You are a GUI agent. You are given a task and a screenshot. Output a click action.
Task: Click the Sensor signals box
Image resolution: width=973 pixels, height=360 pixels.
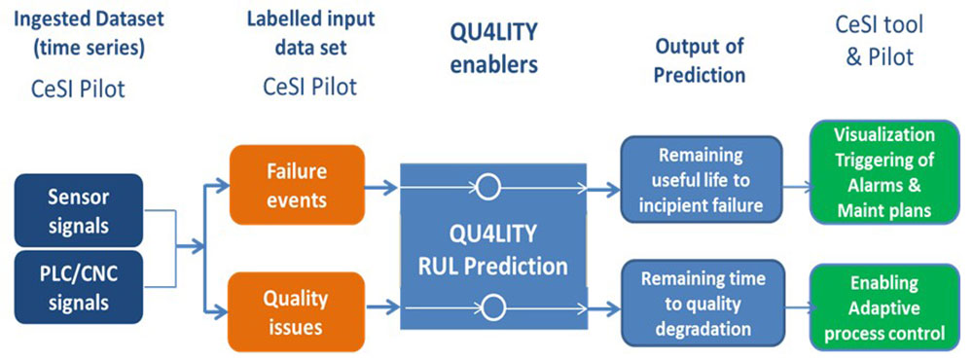pos(79,210)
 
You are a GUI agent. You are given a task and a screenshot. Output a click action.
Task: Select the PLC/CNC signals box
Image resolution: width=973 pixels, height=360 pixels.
pos(79,287)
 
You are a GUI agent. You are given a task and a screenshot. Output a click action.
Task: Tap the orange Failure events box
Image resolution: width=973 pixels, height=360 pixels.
pos(297,184)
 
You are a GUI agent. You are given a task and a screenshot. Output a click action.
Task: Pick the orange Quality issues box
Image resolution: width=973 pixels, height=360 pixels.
pos(297,311)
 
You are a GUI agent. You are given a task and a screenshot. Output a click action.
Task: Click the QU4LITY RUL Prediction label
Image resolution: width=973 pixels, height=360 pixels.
pos(493,250)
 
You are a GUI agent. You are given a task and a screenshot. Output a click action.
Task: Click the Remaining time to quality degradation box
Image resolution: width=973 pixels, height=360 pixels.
pos(703,303)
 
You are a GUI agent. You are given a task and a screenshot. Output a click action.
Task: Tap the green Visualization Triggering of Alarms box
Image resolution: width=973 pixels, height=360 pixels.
pos(884,171)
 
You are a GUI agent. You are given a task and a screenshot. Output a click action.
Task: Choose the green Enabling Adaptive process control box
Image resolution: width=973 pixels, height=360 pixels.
pos(884,306)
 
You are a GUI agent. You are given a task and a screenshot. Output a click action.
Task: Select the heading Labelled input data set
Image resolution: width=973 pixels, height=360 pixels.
pos(310,32)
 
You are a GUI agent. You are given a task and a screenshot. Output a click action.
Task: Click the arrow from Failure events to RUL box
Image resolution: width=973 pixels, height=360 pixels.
pos(381,187)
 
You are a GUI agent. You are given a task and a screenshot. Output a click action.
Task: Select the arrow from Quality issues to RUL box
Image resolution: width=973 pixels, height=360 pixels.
pos(381,306)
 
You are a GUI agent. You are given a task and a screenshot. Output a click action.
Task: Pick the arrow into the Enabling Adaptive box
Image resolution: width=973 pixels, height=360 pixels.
pos(798,306)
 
